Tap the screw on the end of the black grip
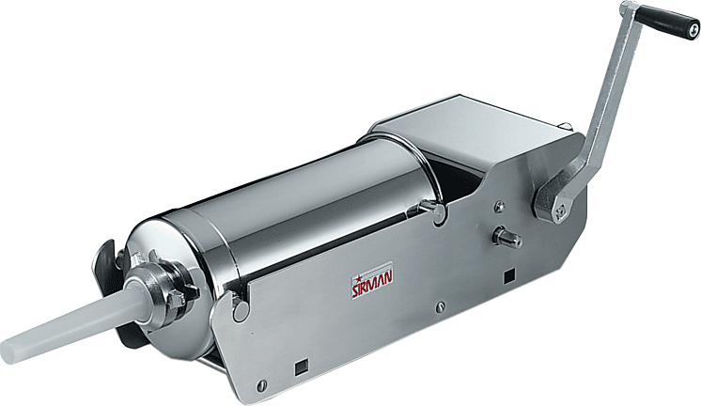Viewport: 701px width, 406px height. (693, 30)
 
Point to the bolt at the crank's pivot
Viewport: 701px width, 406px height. (559, 211)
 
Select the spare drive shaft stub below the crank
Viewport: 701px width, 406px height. (506, 237)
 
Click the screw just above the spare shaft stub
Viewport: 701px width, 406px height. (500, 207)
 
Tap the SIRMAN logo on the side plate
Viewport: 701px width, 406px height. (372, 281)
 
